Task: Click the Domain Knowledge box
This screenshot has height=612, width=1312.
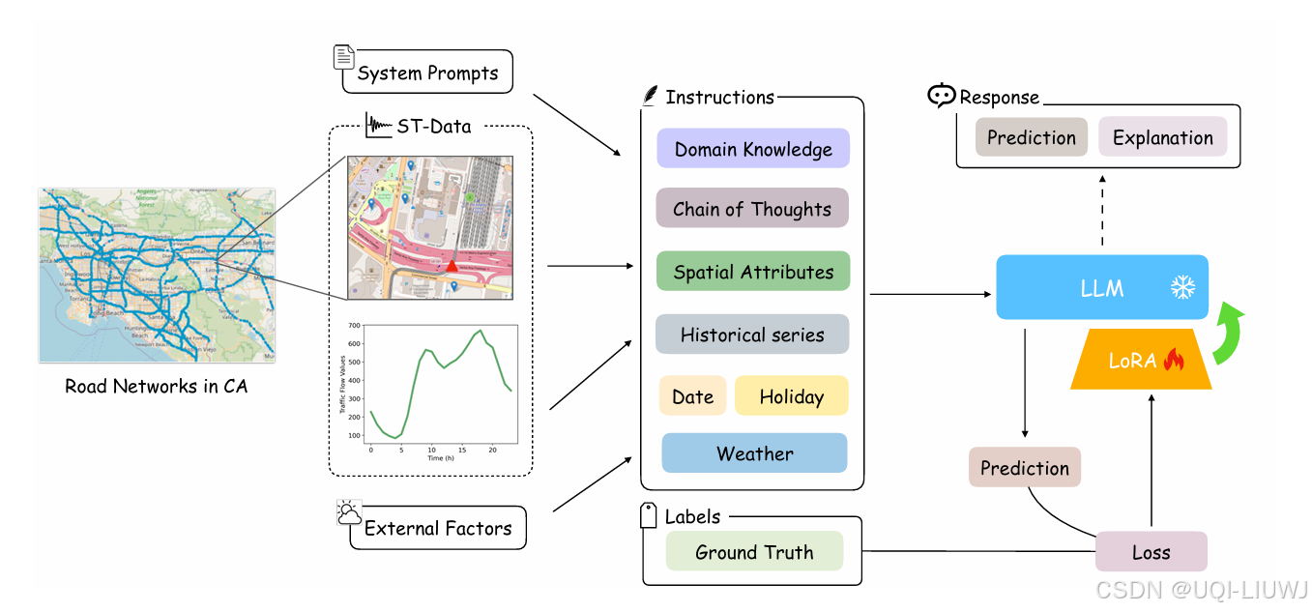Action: pos(752,150)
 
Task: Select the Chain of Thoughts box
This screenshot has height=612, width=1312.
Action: pos(751,209)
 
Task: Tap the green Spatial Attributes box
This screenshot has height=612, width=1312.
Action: pos(752,272)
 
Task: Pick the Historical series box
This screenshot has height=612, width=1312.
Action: pos(751,335)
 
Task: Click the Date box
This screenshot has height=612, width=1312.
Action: pos(692,396)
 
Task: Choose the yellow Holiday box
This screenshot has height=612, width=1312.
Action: pos(791,396)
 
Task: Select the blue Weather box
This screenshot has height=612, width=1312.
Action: pos(754,453)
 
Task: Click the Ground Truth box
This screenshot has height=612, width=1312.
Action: pos(754,552)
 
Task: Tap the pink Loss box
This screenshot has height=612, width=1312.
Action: pos(1151,552)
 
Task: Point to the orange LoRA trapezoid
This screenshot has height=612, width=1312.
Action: pos(1141,360)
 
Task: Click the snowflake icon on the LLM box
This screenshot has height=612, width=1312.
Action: pos(1182,287)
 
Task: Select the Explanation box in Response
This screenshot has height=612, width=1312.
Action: pos(1162,137)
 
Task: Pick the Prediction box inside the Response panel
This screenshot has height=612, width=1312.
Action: pos(1031,137)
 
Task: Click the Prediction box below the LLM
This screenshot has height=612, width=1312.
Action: pos(1024,468)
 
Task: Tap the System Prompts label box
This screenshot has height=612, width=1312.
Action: pos(427,73)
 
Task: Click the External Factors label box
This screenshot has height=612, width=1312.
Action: pos(437,528)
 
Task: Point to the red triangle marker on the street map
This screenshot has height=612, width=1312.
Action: pos(452,265)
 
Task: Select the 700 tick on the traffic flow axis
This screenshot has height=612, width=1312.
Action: pos(354,326)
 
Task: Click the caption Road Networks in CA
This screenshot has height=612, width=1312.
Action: pos(156,387)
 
